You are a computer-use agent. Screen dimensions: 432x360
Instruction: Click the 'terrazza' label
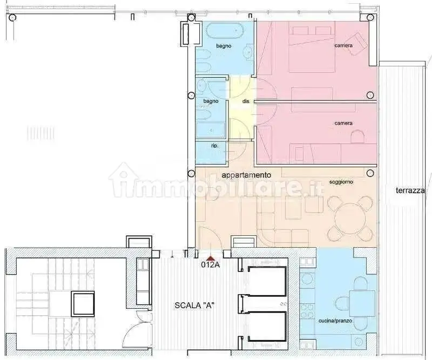(410, 191)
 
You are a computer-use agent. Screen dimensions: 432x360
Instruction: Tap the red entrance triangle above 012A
(211, 259)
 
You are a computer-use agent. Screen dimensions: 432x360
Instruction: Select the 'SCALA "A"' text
(194, 305)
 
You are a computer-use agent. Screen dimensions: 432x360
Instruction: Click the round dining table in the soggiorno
(350, 219)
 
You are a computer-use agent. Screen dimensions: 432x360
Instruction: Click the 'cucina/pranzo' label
(335, 321)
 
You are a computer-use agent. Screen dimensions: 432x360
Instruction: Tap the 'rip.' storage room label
(215, 146)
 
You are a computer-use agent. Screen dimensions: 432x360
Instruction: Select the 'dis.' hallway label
(246, 101)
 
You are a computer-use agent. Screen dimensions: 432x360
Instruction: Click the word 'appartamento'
(246, 175)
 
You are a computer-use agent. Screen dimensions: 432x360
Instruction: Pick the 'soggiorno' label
(341, 182)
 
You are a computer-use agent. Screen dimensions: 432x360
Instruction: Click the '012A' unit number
(211, 264)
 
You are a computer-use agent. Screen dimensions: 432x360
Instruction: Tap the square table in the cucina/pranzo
(362, 303)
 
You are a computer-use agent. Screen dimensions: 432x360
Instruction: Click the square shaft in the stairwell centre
(83, 304)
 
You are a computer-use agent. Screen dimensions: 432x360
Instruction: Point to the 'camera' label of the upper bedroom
(343, 45)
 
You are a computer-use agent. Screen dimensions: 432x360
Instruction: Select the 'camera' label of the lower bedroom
(343, 123)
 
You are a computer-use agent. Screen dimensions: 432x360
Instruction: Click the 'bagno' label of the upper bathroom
(224, 46)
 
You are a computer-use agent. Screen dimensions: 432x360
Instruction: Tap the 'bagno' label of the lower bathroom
(211, 101)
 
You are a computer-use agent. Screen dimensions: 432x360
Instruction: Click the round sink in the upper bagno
(248, 51)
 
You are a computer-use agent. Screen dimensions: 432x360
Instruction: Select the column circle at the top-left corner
(12, 18)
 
